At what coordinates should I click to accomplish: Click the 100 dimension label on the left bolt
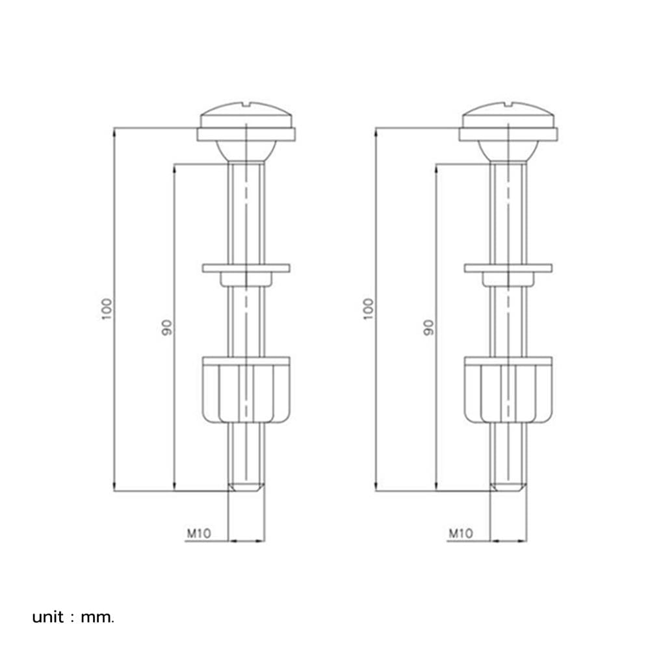coord(107,309)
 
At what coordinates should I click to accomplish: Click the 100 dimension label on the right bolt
coord(369,309)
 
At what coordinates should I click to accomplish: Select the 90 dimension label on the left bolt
coord(166,328)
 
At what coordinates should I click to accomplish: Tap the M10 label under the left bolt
coord(199,533)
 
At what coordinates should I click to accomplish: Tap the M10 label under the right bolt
coord(461,533)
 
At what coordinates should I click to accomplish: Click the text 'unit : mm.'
coord(73,617)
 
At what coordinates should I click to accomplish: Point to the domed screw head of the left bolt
coord(246,114)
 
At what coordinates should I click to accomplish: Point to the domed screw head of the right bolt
coord(508,114)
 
